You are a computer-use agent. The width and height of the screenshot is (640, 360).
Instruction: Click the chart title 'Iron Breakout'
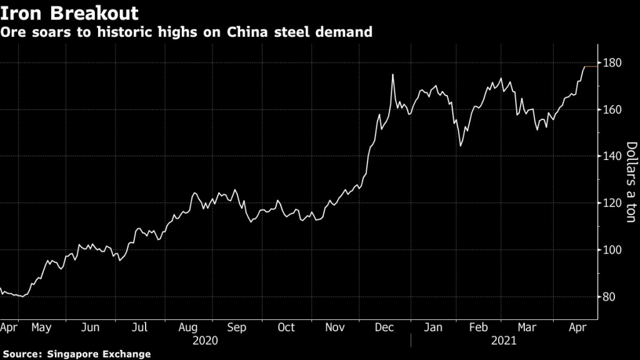[x=70, y=12]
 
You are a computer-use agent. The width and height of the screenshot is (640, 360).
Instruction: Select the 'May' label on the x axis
[x=41, y=327]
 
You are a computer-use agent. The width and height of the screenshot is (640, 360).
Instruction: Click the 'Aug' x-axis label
[x=188, y=327]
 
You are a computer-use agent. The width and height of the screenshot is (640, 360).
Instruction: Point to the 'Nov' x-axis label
[x=336, y=327]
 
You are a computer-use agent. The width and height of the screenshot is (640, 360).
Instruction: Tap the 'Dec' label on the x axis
[x=384, y=327]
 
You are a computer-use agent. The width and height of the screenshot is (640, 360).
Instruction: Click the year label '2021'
[x=503, y=341]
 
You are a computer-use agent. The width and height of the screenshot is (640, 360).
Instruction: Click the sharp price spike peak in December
[x=392, y=75]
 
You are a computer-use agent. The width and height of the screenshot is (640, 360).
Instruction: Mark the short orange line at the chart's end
[x=591, y=66]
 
